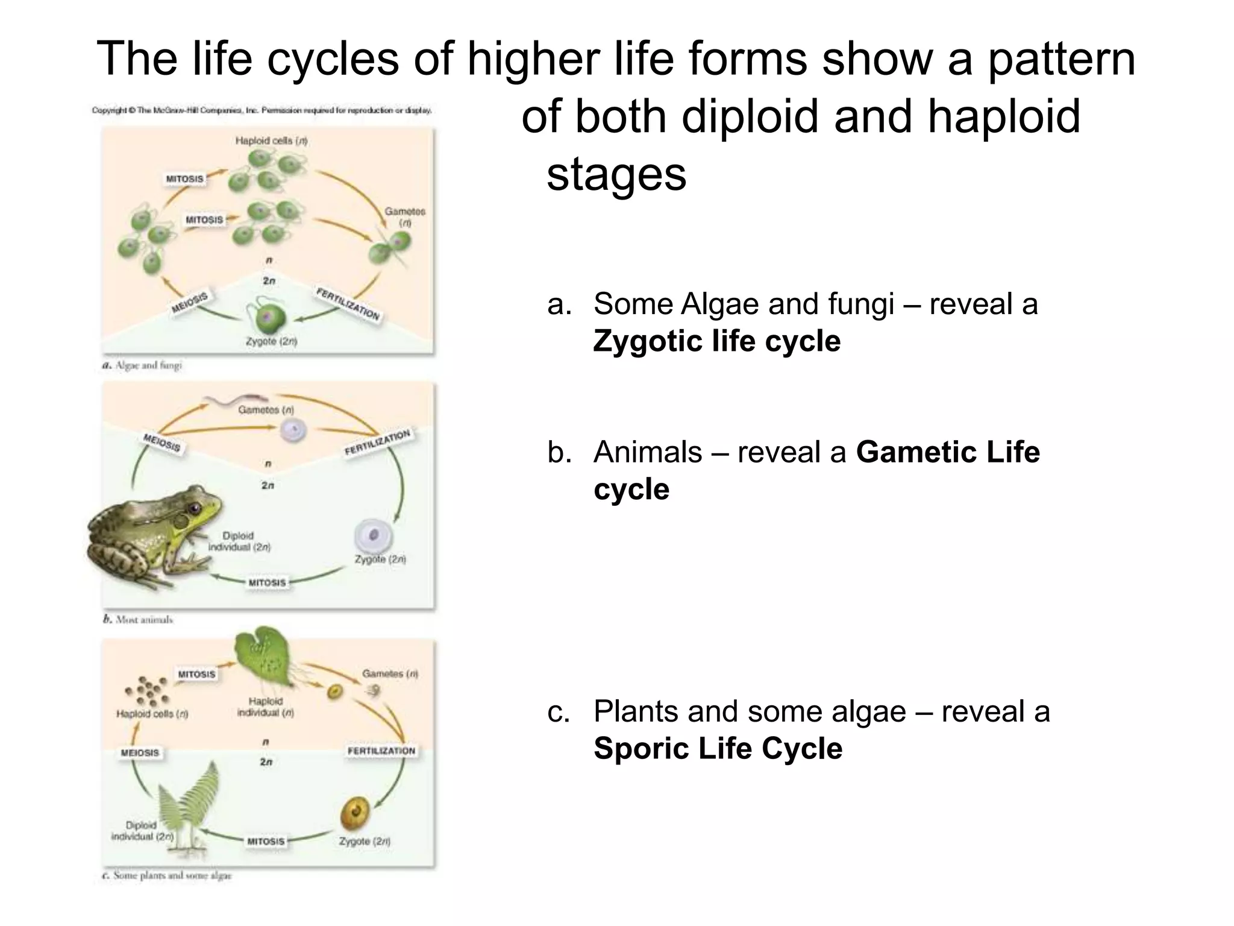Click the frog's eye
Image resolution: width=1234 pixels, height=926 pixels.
pos(194,508)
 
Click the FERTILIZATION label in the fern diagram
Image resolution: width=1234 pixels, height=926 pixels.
pos(381,751)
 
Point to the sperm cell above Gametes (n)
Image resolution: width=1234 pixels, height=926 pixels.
pos(235,398)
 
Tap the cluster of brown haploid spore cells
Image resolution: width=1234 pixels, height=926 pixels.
pos(147,691)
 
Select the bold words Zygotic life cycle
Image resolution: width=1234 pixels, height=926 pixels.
pos(716,341)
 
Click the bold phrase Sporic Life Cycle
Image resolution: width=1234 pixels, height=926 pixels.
pos(718,749)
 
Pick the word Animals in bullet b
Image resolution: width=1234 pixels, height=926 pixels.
pos(647,452)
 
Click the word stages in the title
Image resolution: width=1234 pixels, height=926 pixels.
pos(616,174)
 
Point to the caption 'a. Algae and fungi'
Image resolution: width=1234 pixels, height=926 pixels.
pos(142,365)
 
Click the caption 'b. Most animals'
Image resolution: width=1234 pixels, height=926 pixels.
pos(139,619)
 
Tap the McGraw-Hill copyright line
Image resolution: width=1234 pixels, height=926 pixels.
pos(262,110)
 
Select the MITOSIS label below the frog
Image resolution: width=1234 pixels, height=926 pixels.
pos(267,582)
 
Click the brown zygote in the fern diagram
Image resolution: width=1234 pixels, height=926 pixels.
pos(355,813)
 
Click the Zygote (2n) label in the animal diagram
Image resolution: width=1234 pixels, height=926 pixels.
pos(380,559)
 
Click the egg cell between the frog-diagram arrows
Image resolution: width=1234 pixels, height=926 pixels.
pos(293,430)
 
